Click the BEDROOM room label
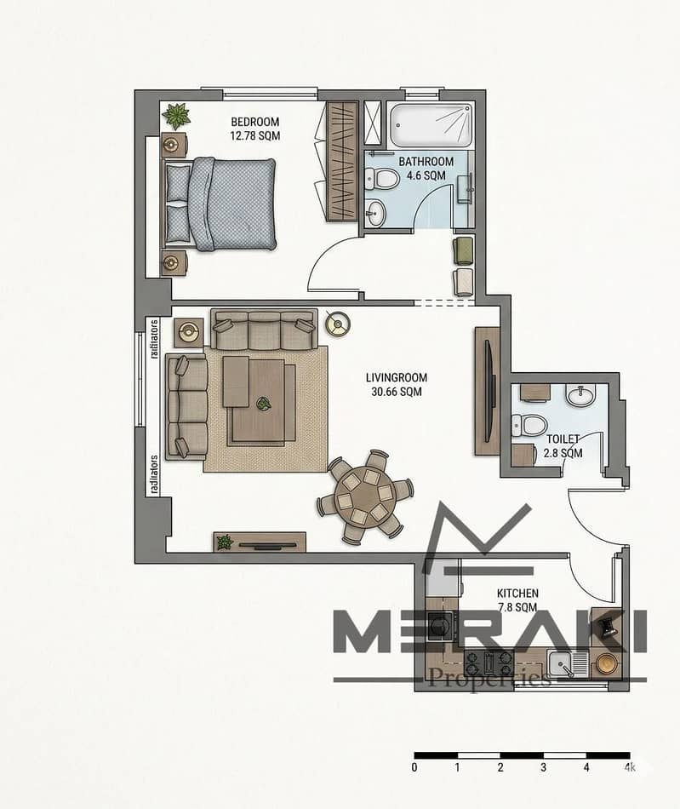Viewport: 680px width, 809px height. pyautogui.click(x=255, y=123)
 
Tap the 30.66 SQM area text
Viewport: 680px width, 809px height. pyautogui.click(x=397, y=392)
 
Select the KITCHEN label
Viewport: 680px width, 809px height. pyautogui.click(x=517, y=594)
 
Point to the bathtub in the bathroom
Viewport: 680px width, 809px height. pyautogui.click(x=431, y=125)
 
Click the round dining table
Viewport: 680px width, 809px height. pyautogui.click(x=365, y=497)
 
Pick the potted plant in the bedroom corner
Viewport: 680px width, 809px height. pyautogui.click(x=176, y=116)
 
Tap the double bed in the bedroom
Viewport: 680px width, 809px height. pyautogui.click(x=220, y=204)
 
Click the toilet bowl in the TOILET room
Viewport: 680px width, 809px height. pyautogui.click(x=529, y=426)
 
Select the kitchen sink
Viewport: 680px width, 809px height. pyautogui.click(x=568, y=664)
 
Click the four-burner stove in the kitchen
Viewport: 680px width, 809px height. pyautogui.click(x=489, y=663)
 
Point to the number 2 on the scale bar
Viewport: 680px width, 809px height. pyautogui.click(x=500, y=767)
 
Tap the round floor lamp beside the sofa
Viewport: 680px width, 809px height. pyautogui.click(x=338, y=324)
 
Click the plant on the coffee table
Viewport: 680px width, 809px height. pyautogui.click(x=264, y=404)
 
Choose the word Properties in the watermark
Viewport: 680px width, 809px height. pyautogui.click(x=489, y=677)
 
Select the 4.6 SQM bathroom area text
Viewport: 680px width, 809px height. pyautogui.click(x=426, y=175)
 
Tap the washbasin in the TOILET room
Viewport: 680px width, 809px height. pyautogui.click(x=581, y=395)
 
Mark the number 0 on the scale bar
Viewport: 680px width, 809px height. pyautogui.click(x=414, y=767)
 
